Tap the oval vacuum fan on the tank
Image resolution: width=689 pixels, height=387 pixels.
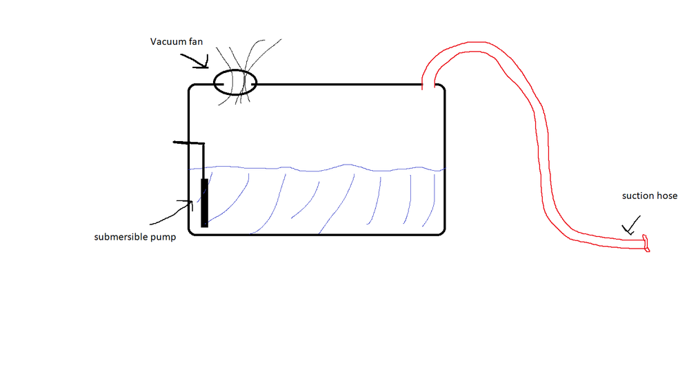pos(235,70)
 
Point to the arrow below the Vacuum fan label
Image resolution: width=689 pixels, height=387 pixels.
pos(194,61)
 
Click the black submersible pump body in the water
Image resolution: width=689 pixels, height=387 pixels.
pos(204,202)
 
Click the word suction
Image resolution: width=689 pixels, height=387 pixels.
pos(635,196)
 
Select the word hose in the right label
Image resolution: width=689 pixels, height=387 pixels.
pos(664,196)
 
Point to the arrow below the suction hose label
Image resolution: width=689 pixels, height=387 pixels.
pos(631,226)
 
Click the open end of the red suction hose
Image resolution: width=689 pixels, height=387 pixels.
pos(646,243)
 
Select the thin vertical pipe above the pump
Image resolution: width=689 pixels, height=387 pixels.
pos(203,161)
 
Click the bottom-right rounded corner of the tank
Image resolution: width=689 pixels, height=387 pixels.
pos(443,233)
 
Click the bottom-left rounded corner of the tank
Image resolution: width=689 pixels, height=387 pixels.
pos(191,233)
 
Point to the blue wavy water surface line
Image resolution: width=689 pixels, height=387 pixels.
pos(317,169)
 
